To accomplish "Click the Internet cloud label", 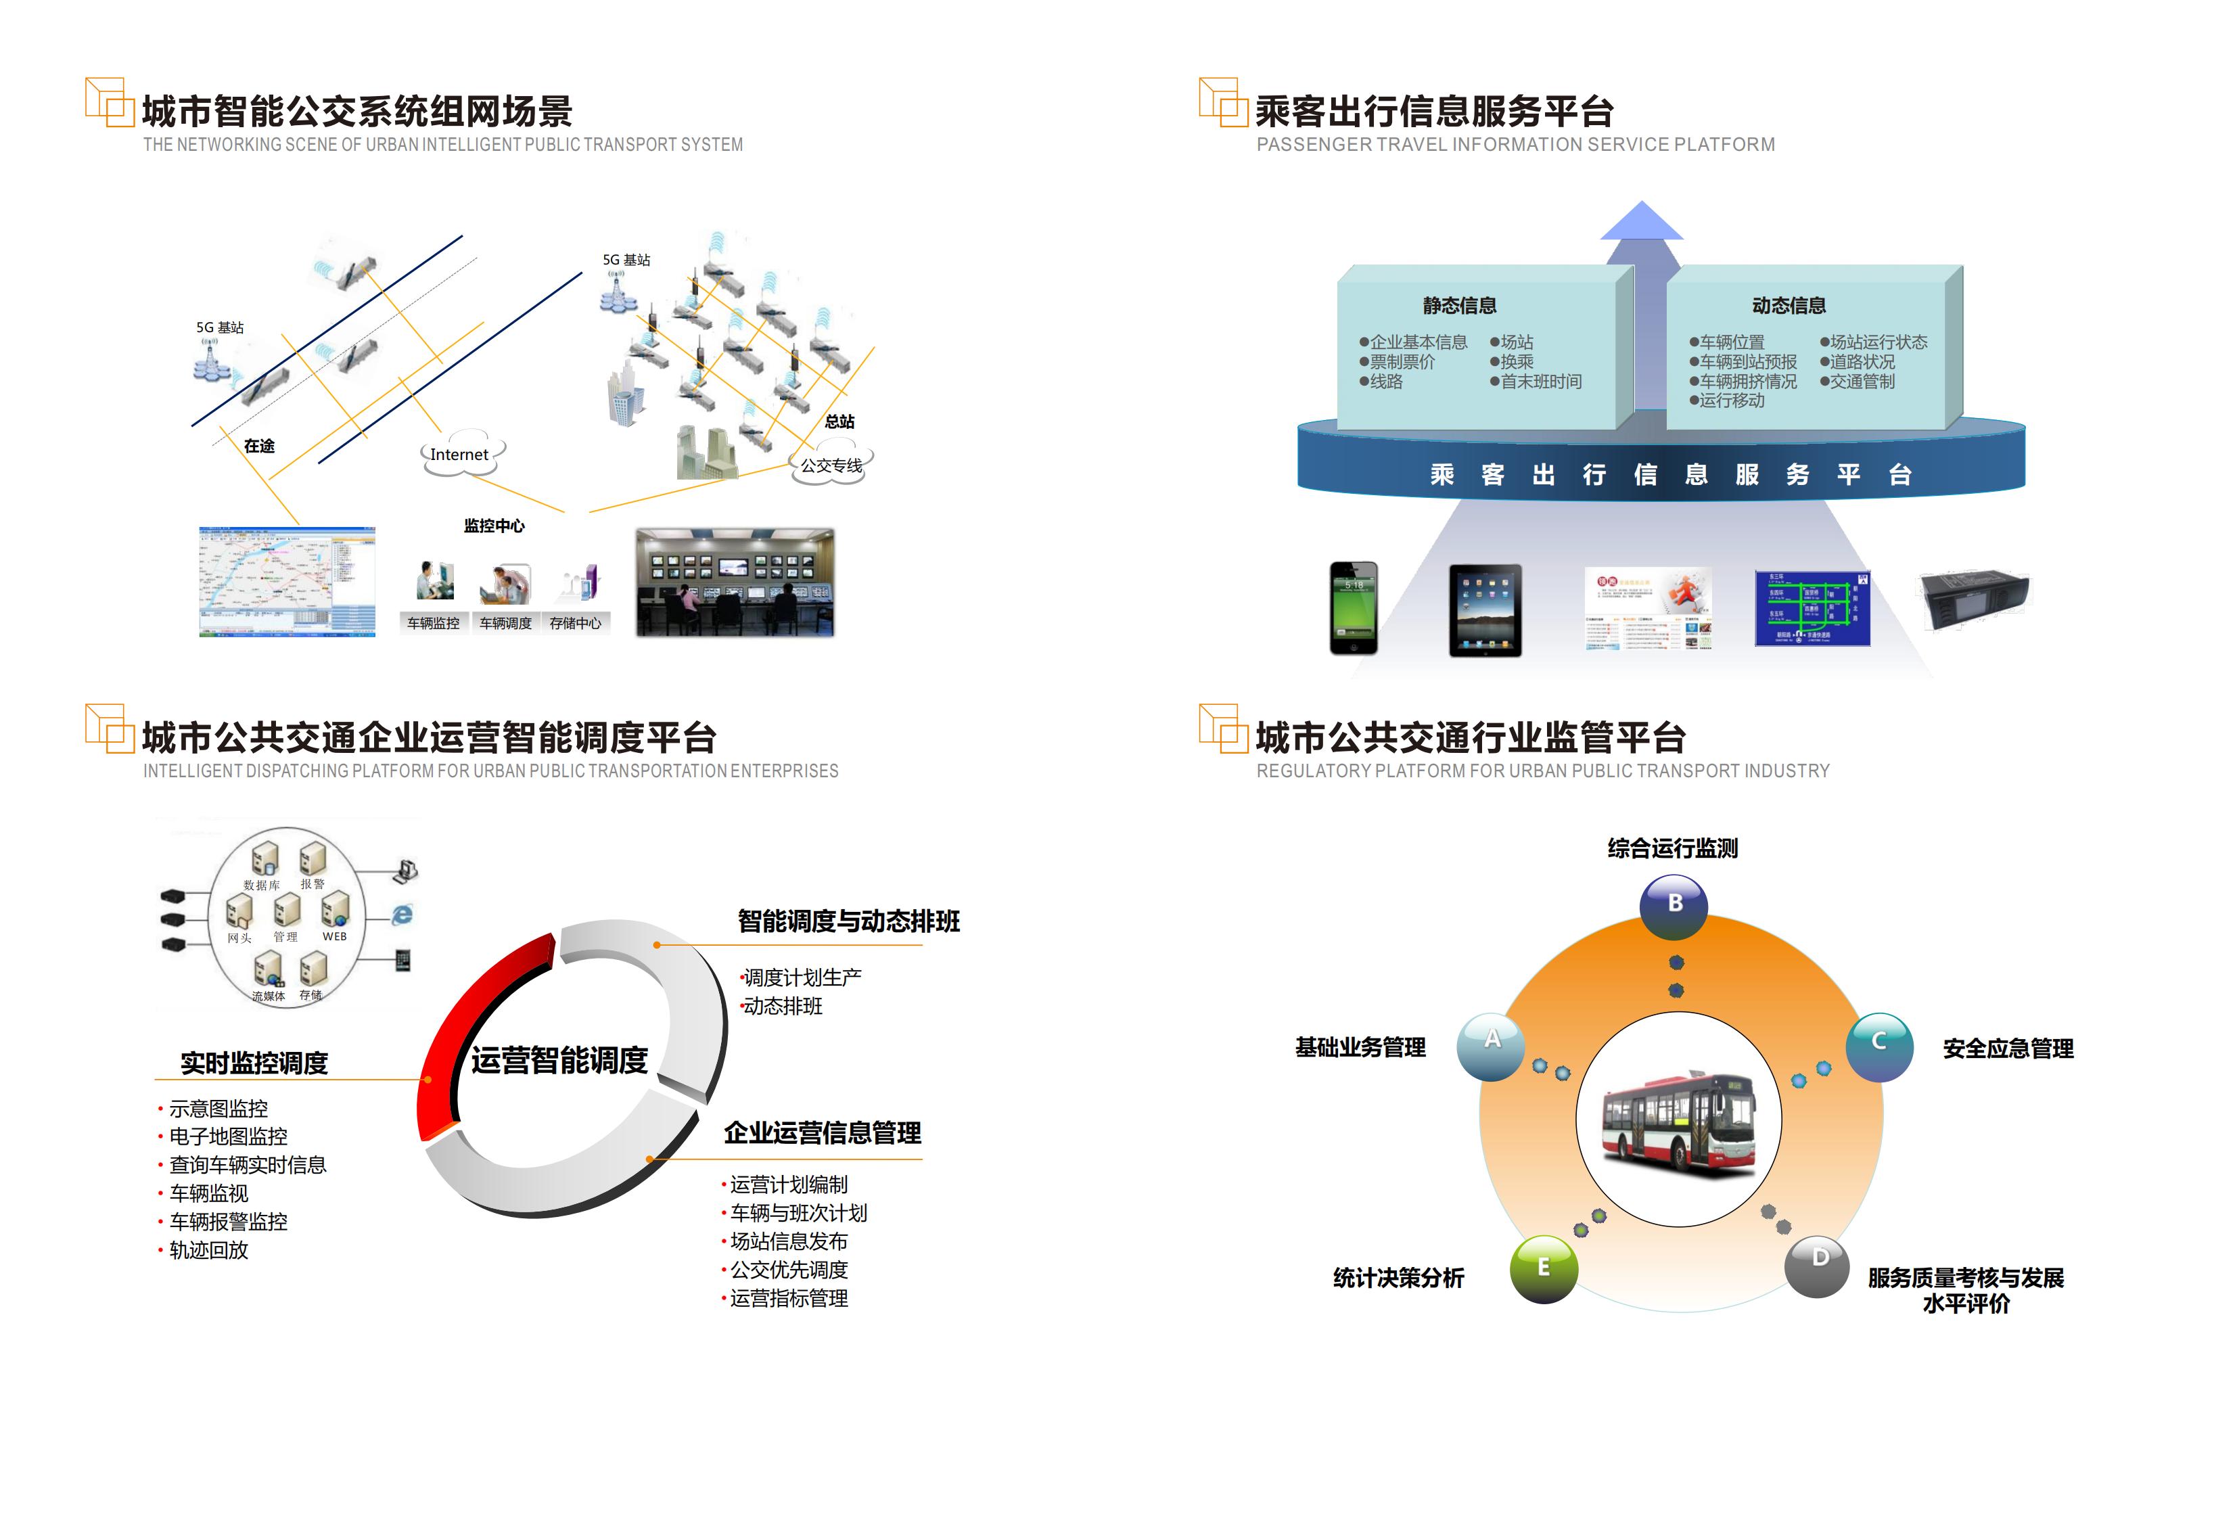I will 459,455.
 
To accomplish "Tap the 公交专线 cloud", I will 831,466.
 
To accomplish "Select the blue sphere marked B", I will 1674,905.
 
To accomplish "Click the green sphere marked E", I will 1543,1268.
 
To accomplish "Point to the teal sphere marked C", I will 1878,1045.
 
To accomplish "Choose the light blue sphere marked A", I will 1491,1044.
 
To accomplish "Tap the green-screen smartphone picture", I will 1354,607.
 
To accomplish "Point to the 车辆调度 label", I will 505,624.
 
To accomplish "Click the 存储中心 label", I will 575,624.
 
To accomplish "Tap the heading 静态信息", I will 1459,306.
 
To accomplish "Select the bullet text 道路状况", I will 1862,362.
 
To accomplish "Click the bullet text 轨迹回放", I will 209,1250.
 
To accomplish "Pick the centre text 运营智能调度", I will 559,1061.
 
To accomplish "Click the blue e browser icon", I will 402,915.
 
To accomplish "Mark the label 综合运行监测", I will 1672,849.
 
